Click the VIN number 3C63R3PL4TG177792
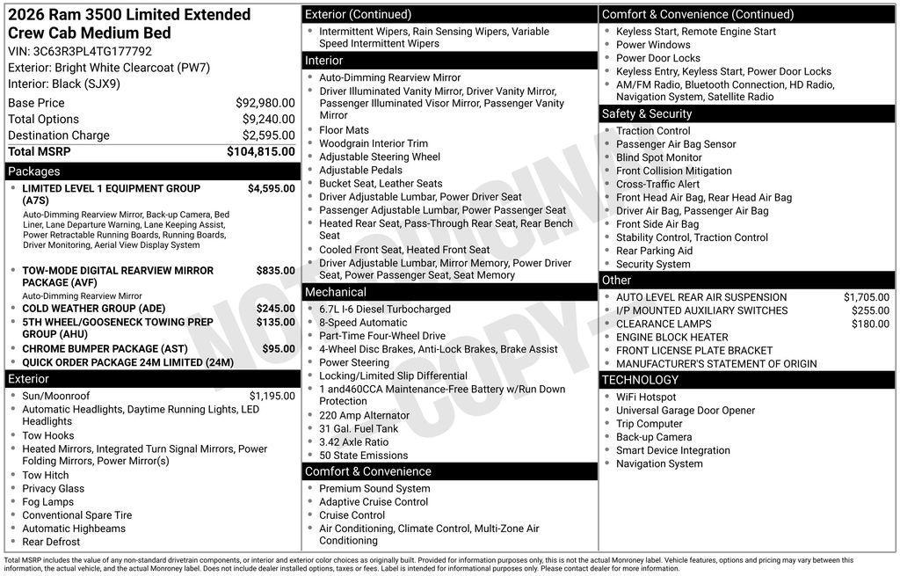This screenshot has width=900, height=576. pyautogui.click(x=92, y=51)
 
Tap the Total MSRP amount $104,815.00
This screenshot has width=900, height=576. pyautogui.click(x=260, y=151)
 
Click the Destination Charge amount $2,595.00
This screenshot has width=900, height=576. pyautogui.click(x=268, y=135)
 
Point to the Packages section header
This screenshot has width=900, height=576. pyautogui.click(x=34, y=171)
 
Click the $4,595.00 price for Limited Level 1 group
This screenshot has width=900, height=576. pyautogui.click(x=271, y=188)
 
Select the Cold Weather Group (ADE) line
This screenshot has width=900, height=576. pyautogui.click(x=93, y=309)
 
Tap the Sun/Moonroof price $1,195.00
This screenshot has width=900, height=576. pyautogui.click(x=272, y=396)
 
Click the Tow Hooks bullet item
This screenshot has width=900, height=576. pyautogui.click(x=48, y=435)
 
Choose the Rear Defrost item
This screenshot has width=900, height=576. pyautogui.click(x=51, y=542)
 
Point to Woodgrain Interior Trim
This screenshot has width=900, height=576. pyautogui.click(x=373, y=143)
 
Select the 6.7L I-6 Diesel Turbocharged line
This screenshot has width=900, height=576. pyautogui.click(x=384, y=310)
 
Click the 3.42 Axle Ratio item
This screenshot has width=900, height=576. pyautogui.click(x=353, y=442)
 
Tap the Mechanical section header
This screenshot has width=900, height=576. pyautogui.click(x=336, y=292)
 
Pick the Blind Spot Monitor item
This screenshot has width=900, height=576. pyautogui.click(x=658, y=157)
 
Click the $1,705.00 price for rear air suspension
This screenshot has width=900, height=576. pyautogui.click(x=866, y=297)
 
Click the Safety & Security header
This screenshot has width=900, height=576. pyautogui.click(x=647, y=113)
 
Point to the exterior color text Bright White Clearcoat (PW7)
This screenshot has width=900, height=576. pyautogui.click(x=132, y=68)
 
